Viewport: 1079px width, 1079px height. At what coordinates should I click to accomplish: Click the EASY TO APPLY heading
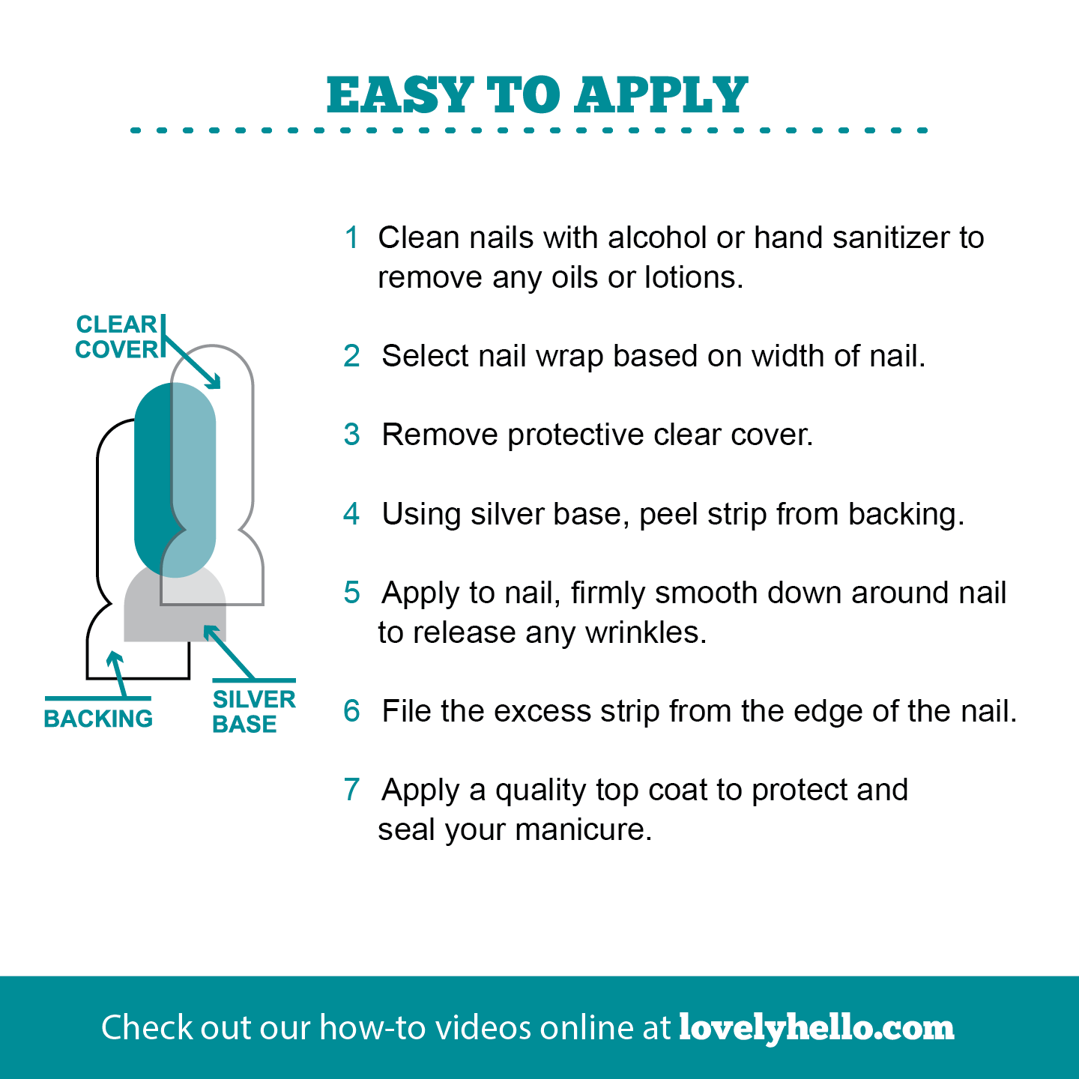pos(537,95)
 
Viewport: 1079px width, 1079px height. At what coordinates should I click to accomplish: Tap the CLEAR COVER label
pos(117,337)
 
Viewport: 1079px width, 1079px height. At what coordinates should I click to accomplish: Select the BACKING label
pos(98,719)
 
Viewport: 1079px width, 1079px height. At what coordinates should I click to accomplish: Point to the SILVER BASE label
pos(253,711)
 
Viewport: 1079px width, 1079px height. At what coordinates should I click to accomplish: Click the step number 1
pos(351,238)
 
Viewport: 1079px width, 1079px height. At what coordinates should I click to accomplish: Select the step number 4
pos(351,514)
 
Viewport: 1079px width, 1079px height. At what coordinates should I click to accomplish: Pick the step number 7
pos(351,790)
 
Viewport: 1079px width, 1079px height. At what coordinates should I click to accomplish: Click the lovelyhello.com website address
pos(816,1027)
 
